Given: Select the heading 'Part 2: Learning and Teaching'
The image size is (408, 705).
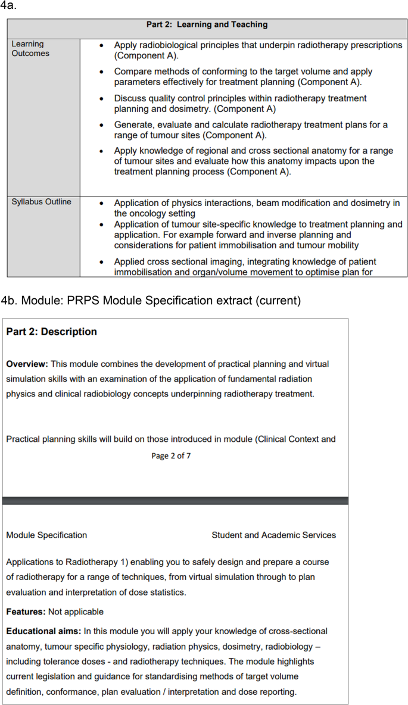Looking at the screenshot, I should click(x=207, y=25).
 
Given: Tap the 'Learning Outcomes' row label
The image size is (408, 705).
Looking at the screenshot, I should click(x=30, y=49).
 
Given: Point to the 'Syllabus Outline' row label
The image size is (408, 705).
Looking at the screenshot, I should click(x=41, y=202).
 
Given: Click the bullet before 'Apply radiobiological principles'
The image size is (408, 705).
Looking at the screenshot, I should click(x=103, y=45).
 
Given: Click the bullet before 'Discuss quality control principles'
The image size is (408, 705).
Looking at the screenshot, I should click(x=103, y=98).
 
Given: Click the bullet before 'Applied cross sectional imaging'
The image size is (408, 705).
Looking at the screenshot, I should click(x=103, y=262).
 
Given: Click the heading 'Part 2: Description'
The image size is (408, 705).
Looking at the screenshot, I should click(x=51, y=332).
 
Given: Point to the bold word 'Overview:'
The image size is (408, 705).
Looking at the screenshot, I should click(x=27, y=364).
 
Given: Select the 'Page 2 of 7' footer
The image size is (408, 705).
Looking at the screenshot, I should click(x=171, y=456).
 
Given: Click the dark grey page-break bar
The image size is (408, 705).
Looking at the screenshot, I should click(x=175, y=501).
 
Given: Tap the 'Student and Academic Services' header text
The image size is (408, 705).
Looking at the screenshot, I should click(x=273, y=535).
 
